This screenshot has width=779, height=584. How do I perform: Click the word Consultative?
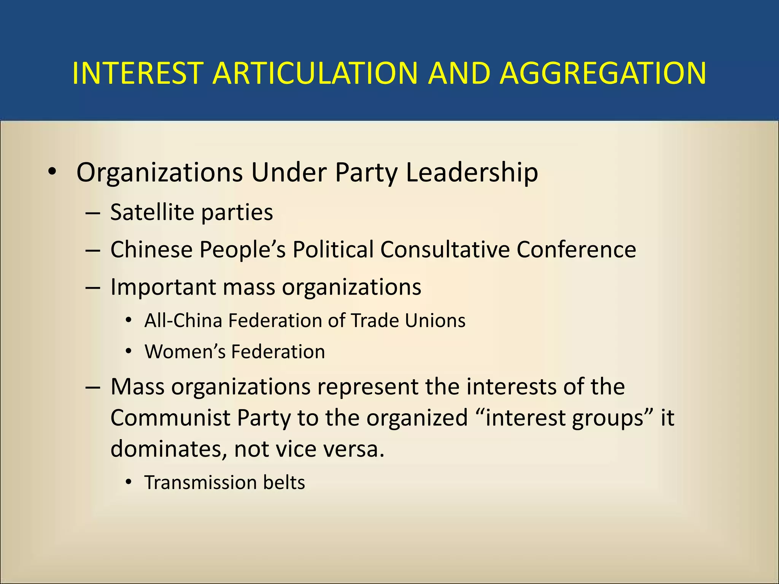pyautogui.click(x=445, y=249)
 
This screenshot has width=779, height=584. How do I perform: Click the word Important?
pyautogui.click(x=163, y=287)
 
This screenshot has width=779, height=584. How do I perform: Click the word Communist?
pyautogui.click(x=170, y=418)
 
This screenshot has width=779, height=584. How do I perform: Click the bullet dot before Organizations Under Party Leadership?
pyautogui.click(x=52, y=172)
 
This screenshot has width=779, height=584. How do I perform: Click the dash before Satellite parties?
pyautogui.click(x=93, y=213)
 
